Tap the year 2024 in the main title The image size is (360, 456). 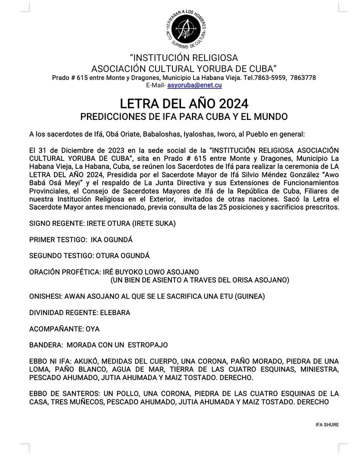[x=229, y=104]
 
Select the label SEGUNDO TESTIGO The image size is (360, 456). [x=61, y=256]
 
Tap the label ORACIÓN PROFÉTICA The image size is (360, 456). [x=63, y=272]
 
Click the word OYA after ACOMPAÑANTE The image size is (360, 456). [x=92, y=329]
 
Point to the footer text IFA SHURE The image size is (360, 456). [x=327, y=425]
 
